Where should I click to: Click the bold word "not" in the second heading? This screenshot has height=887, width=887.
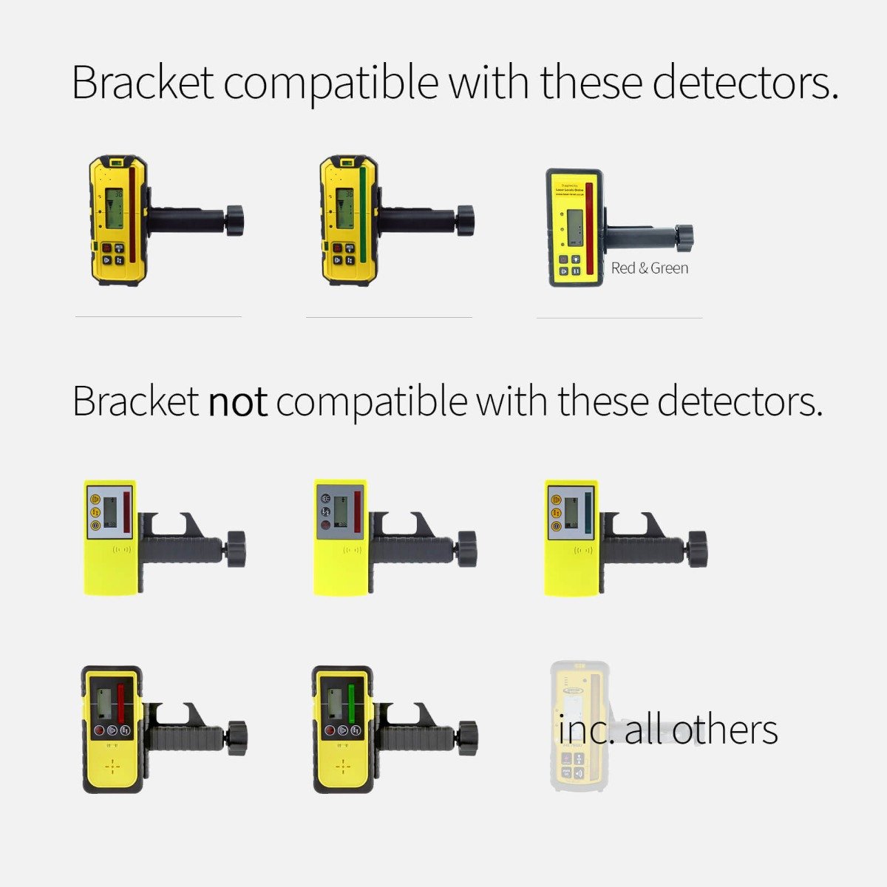(237, 403)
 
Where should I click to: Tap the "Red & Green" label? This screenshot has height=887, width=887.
(649, 268)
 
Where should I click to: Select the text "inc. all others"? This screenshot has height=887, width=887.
(667, 730)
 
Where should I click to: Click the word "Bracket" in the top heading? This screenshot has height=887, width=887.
(143, 82)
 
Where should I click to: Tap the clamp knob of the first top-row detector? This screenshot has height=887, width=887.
(234, 220)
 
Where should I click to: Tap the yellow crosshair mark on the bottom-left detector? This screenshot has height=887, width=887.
(112, 767)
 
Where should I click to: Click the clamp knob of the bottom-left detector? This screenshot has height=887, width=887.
(237, 737)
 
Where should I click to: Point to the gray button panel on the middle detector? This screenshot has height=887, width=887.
(324, 510)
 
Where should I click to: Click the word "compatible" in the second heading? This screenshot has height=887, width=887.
(372, 403)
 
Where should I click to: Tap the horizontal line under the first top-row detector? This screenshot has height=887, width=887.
(158, 317)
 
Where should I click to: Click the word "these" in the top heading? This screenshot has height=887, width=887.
(591, 82)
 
